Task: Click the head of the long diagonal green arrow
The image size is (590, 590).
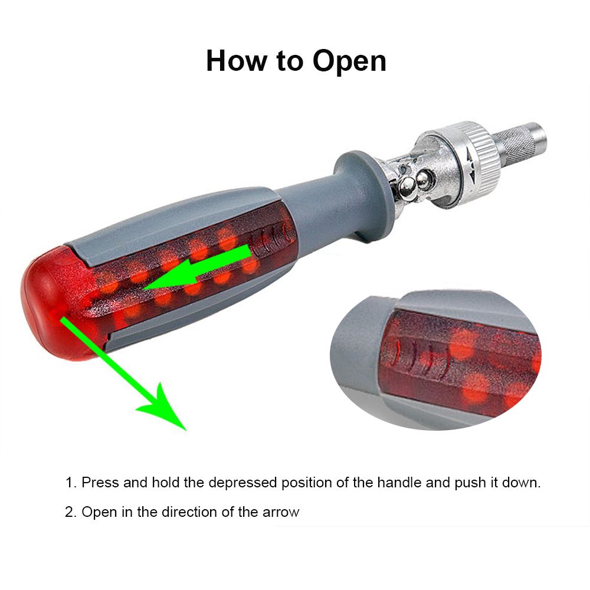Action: pyautogui.click(x=163, y=407)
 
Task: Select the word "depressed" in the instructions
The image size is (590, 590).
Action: pyautogui.click(x=242, y=483)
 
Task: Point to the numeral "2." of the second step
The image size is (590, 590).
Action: pyautogui.click(x=71, y=512)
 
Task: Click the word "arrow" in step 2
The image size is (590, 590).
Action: pyautogui.click(x=281, y=513)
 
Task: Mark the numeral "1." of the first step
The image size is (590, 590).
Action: pyautogui.click(x=71, y=483)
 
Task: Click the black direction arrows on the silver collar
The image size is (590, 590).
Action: pyautogui.click(x=471, y=162)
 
